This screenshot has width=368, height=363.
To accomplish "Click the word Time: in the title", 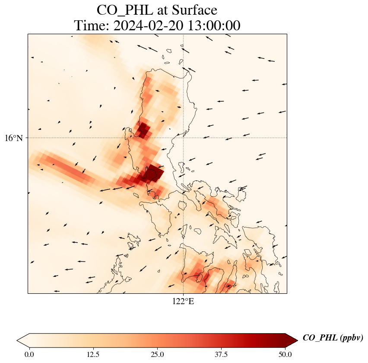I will click(92, 26).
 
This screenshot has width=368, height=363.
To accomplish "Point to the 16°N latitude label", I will click(14, 138).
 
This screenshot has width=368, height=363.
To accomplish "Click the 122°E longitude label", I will click(183, 302).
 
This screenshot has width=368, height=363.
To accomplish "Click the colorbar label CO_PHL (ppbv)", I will click(333, 338).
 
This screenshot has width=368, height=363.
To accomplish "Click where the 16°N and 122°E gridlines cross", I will click(183, 138).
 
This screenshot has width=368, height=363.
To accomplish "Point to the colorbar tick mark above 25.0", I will click(157, 347).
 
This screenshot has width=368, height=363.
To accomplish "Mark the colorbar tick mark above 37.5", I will click(221, 347).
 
